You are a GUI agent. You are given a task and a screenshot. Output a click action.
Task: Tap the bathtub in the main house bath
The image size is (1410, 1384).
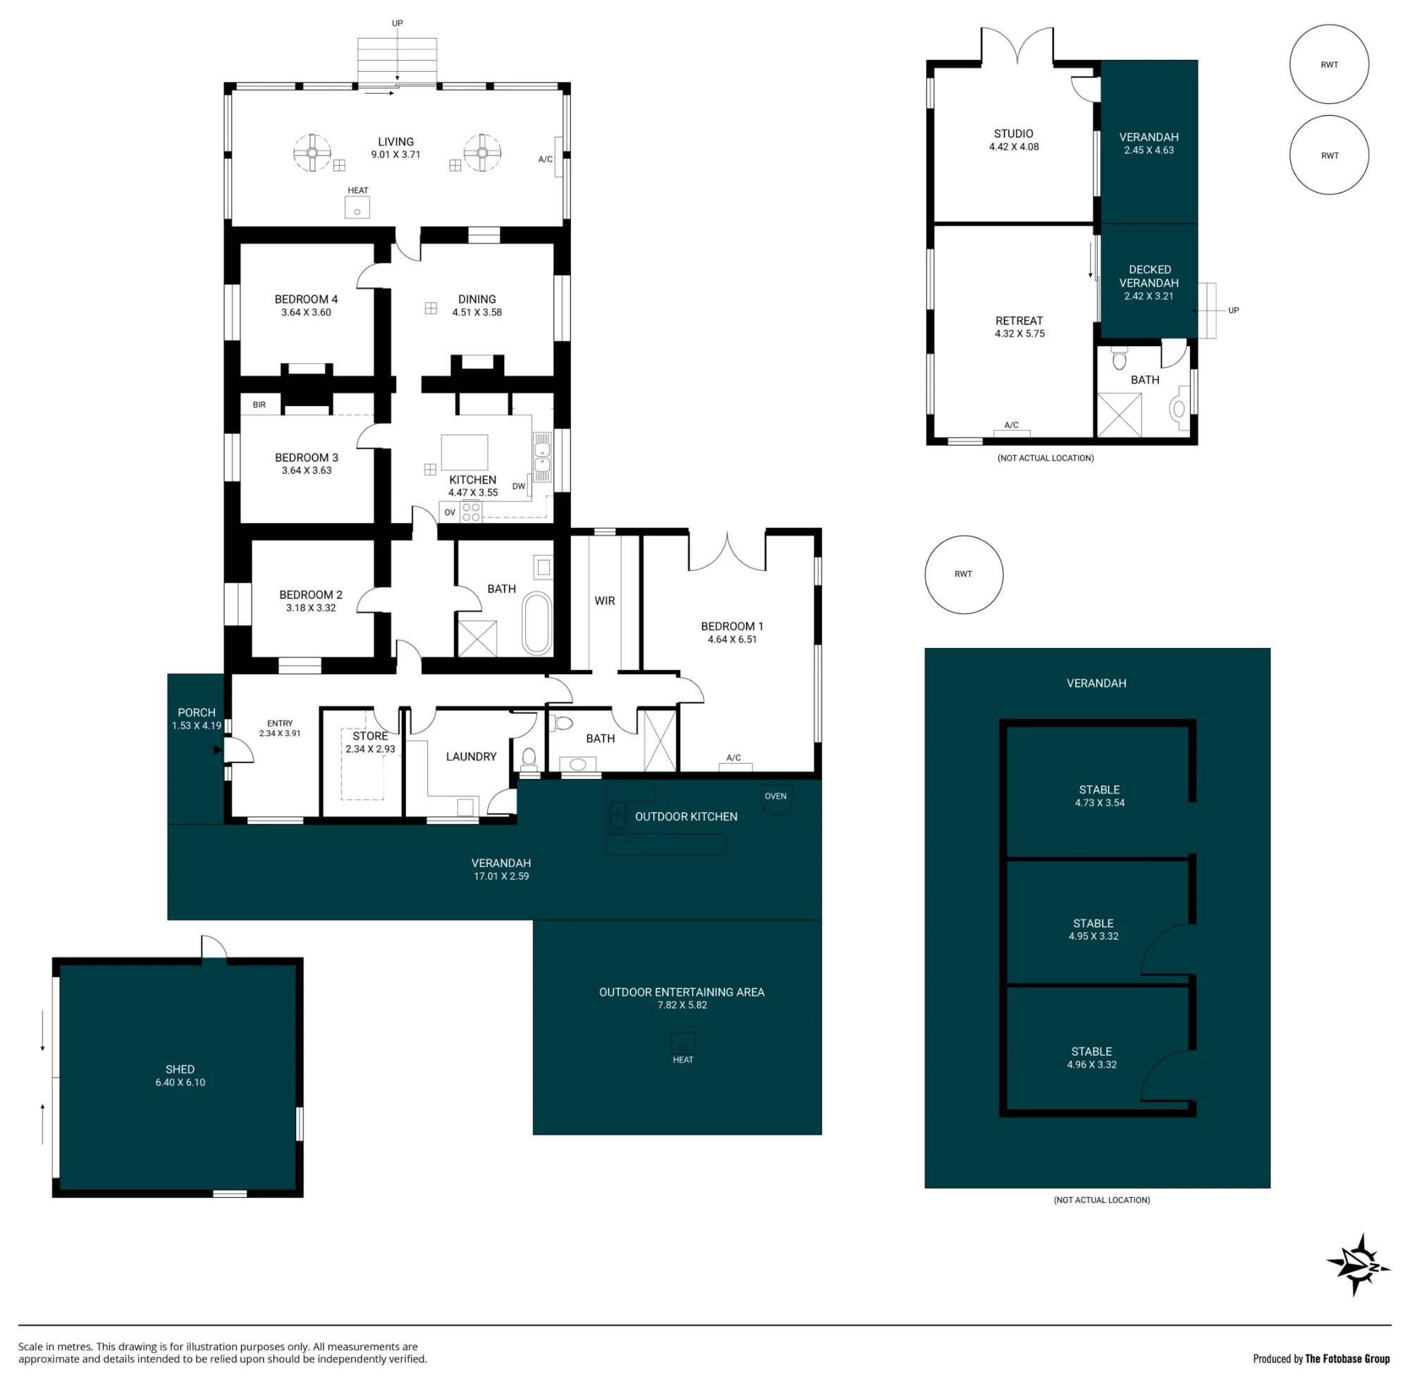pos(537,624)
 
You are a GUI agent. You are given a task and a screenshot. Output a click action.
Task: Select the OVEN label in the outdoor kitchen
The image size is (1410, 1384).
pos(775,796)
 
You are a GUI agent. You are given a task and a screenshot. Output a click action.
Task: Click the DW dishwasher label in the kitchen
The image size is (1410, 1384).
pos(519,486)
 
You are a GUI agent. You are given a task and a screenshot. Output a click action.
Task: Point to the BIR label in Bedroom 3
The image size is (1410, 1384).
pos(259,405)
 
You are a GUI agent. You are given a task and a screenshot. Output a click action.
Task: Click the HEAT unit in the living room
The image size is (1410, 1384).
pos(357,207)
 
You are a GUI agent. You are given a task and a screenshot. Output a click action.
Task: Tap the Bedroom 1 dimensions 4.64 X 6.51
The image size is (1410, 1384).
pos(732,639)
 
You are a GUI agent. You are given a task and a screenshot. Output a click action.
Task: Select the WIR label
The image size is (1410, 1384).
pos(605,601)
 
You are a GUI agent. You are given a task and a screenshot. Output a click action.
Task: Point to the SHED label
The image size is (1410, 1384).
pos(180,1070)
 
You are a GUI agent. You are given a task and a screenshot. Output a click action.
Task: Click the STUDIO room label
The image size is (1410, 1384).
pos(1014,134)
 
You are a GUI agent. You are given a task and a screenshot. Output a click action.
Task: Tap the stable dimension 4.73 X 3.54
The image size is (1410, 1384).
pos(1100,803)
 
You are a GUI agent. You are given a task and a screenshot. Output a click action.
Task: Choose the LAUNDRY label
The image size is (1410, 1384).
pos(471,757)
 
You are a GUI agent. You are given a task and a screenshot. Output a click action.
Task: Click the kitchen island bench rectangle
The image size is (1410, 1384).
pos(465,452)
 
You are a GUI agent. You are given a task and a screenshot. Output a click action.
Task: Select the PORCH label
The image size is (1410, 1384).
pos(197,713)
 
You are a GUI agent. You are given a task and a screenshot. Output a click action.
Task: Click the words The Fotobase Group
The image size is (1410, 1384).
pos(1347,1359)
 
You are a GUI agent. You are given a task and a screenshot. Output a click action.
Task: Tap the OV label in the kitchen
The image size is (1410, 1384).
pos(450,513)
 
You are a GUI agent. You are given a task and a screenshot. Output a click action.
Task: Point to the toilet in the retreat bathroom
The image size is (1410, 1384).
pos(1120,359)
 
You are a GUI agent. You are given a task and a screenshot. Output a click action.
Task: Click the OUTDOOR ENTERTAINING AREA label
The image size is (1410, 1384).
pos(682,992)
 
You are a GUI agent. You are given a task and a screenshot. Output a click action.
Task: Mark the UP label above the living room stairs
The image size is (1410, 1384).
pos(398,23)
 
